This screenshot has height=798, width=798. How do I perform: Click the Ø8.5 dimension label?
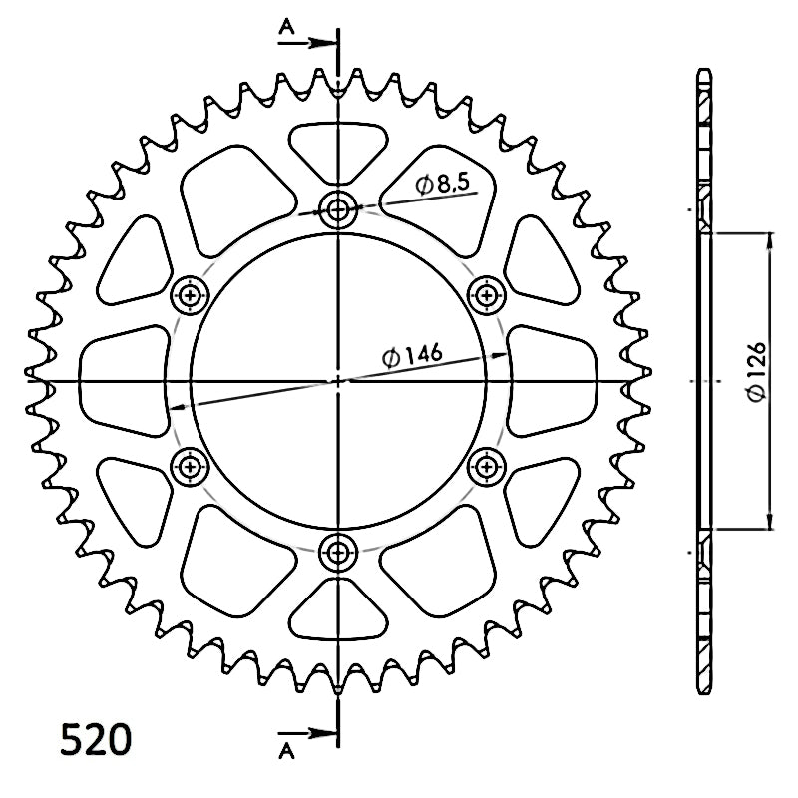[441, 184]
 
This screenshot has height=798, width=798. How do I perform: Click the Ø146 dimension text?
[412, 355]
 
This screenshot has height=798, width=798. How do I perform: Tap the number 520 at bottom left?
[96, 739]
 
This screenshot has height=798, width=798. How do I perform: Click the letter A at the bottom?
[286, 751]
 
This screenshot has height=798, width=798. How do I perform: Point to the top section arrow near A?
[307, 43]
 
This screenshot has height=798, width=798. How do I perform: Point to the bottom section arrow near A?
[307, 733]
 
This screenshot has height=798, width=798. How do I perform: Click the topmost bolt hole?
[338, 208]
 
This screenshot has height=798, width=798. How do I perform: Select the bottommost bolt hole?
[338, 553]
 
